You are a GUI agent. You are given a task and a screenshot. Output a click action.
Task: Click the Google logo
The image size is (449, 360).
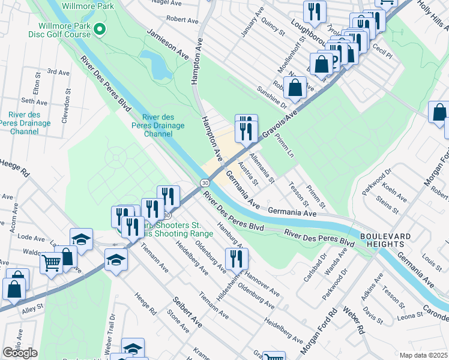click(x=20, y=353)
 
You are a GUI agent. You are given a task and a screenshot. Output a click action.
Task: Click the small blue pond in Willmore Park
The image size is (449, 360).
click(x=160, y=65)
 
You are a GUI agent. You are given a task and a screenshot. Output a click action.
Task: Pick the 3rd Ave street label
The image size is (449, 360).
click(x=58, y=72)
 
